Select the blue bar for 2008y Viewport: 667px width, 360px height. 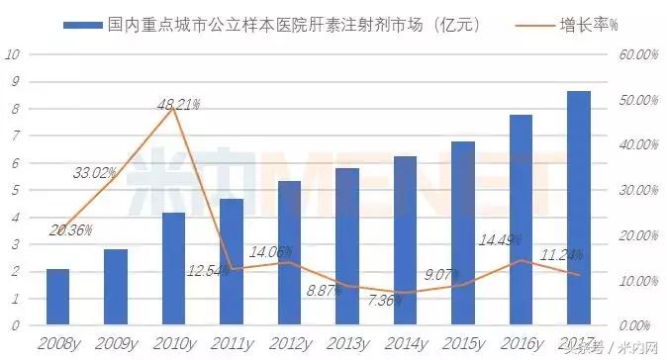click(x=58, y=297)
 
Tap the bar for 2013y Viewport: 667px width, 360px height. click(x=347, y=247)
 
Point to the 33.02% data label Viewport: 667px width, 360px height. click(x=97, y=173)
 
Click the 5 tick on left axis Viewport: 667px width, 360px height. click(x=14, y=190)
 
